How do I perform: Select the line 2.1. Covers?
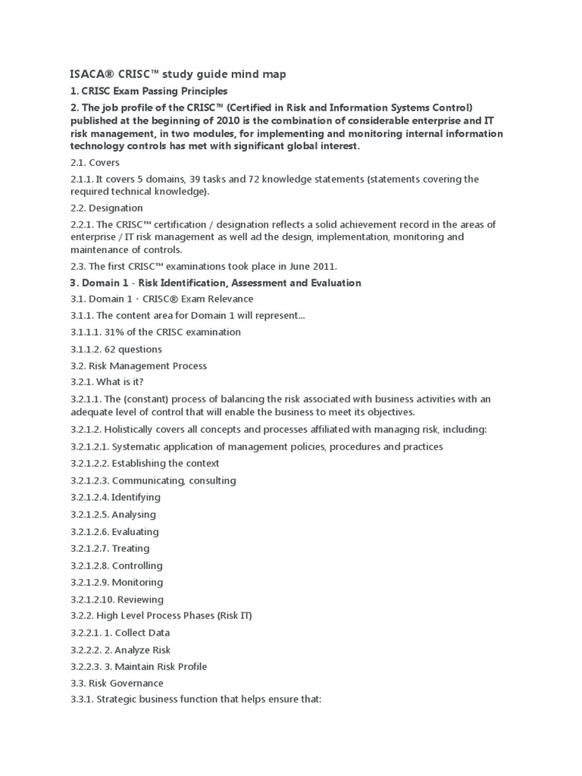point(95,162)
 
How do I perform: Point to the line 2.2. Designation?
point(106,208)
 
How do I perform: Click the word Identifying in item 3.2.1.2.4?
point(136,497)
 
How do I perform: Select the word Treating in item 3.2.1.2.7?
point(130,548)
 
